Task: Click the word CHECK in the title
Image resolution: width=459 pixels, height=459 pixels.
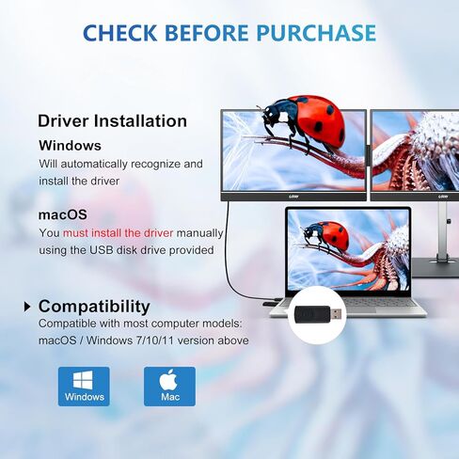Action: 120,33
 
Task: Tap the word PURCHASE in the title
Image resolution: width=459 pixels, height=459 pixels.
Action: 316,33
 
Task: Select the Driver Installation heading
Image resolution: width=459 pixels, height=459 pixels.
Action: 112,121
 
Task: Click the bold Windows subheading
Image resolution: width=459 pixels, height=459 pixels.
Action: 70,146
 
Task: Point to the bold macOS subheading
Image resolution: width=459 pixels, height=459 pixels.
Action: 63,214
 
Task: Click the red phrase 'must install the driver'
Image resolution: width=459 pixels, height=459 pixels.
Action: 119,233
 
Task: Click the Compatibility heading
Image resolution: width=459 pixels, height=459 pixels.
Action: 94,307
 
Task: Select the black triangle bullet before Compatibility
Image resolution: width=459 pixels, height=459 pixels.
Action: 27,307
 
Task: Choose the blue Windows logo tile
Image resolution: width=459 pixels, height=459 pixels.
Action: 84,387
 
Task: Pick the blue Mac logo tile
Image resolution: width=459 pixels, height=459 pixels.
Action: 169,387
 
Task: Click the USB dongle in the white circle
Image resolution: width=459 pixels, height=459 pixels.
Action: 318,314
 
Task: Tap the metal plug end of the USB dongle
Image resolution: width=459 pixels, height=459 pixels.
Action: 336,313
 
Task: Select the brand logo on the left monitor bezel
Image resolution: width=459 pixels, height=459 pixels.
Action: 293,197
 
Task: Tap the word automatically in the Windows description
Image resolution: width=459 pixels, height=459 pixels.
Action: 94,165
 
